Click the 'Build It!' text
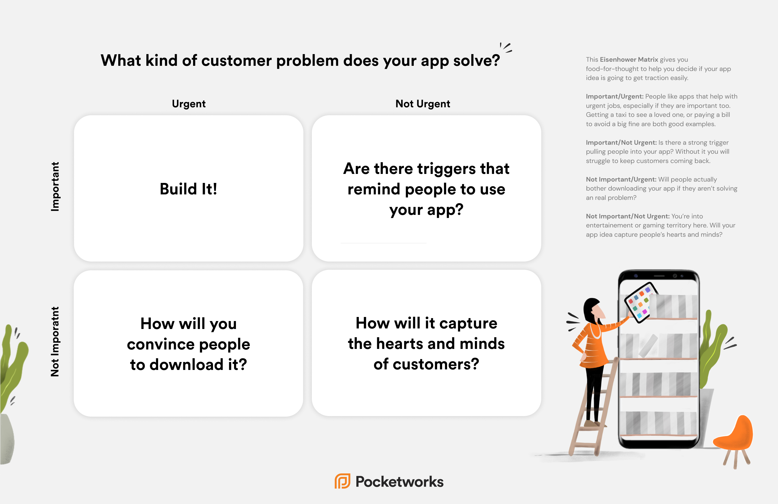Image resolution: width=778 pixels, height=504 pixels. coord(189,189)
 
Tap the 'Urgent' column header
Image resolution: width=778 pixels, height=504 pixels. coord(189,104)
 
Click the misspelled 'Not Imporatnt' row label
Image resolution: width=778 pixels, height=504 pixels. coord(55,342)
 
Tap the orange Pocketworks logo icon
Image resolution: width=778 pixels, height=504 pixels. coord(342,481)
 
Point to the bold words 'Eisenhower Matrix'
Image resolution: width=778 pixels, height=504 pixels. coord(629,60)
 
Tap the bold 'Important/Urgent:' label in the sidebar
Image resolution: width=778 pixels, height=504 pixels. coord(614,96)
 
